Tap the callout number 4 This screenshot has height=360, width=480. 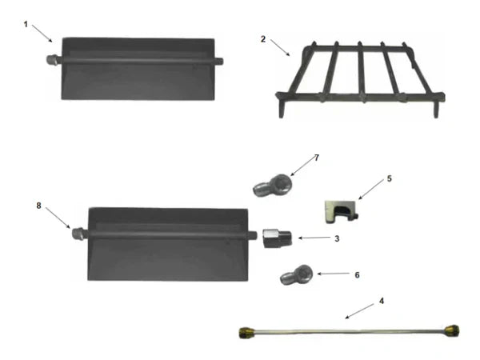(x=382, y=302)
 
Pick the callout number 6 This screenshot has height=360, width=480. (x=356, y=274)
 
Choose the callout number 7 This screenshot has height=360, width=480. (x=316, y=158)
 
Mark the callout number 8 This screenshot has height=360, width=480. (x=38, y=205)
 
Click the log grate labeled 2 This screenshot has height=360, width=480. (x=360, y=80)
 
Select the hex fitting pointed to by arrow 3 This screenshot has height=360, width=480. (x=274, y=238)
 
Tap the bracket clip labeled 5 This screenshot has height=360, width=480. (x=340, y=210)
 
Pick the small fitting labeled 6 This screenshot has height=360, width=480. (x=294, y=275)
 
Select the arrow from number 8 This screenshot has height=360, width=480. (x=58, y=218)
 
